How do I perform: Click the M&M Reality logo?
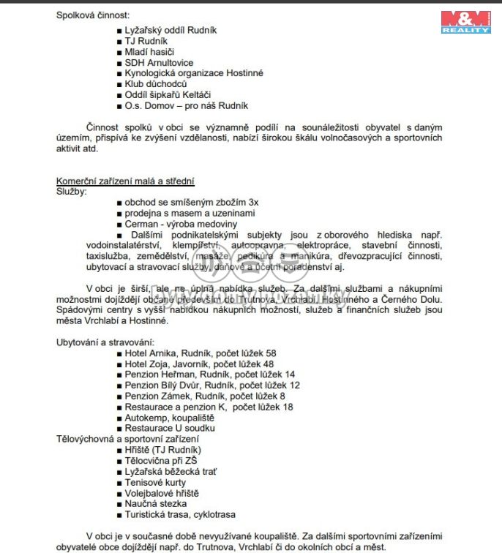click(x=465, y=22)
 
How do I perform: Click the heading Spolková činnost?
click(x=93, y=15)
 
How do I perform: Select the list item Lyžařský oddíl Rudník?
click(x=171, y=31)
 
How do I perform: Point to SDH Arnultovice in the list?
click(x=159, y=63)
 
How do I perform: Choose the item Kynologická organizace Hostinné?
click(x=194, y=73)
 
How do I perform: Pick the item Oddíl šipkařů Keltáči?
click(x=168, y=95)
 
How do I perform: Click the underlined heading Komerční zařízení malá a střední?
click(x=125, y=181)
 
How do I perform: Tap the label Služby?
click(x=71, y=192)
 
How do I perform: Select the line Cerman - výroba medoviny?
click(x=181, y=224)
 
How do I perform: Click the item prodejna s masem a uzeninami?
click(x=190, y=213)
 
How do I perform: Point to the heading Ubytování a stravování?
click(x=105, y=342)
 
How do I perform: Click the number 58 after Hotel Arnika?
click(x=271, y=353)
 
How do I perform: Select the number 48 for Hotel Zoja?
click(x=269, y=364)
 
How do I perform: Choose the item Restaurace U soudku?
click(x=169, y=428)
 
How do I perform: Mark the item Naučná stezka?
click(x=156, y=503)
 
